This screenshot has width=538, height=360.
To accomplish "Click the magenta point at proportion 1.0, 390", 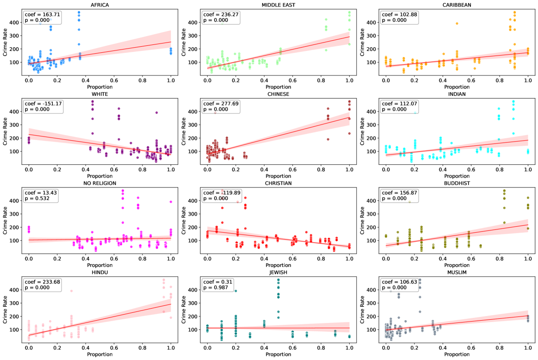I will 171,202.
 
